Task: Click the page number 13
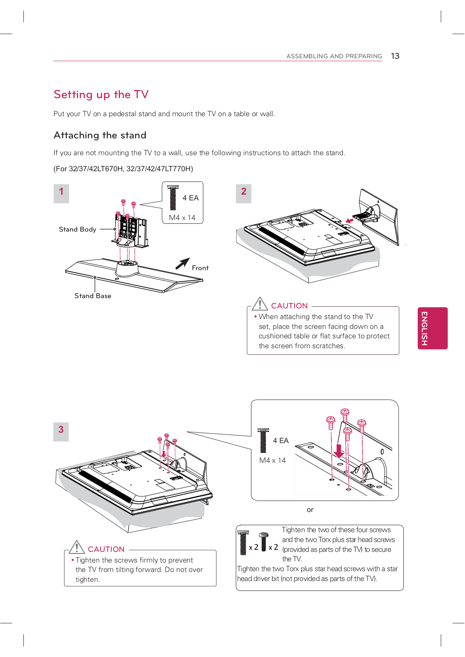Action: point(395,56)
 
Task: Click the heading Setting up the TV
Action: point(101,94)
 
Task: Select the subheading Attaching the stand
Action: point(100,135)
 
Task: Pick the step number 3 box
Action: point(61,431)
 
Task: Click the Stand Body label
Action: point(77,229)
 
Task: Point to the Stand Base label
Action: point(93,296)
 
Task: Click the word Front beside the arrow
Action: point(200,268)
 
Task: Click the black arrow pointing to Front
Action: point(183,263)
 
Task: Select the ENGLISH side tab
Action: point(432,328)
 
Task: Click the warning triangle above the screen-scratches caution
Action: point(260,304)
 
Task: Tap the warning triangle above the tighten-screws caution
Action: point(77,547)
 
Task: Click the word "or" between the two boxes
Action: point(310,510)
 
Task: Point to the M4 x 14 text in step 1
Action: point(182,218)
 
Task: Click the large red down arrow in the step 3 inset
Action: point(338,451)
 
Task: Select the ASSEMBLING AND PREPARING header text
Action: point(334,56)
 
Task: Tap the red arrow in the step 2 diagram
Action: point(349,221)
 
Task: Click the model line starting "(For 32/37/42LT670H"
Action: point(123,169)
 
